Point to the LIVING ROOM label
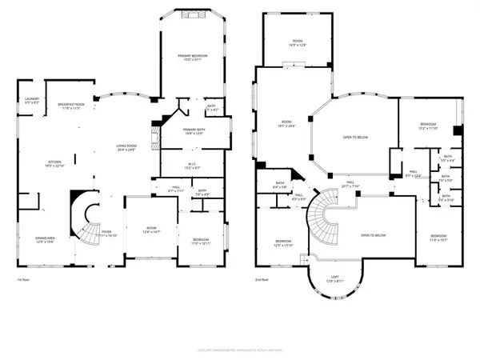tap(126, 146)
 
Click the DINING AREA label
tap(45, 239)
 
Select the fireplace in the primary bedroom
tap(194, 14)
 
